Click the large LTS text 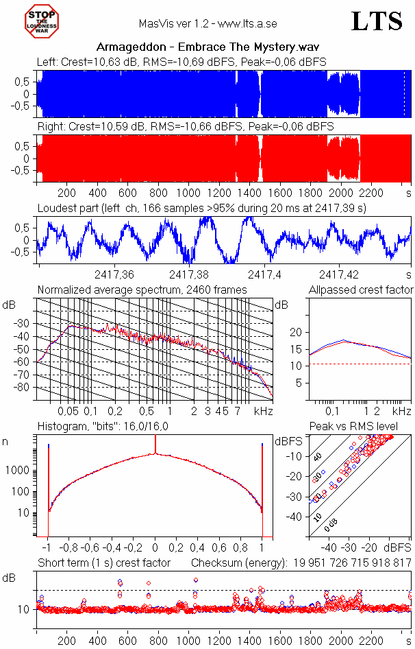[377, 22]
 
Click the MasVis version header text [207, 23]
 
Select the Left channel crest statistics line [181, 62]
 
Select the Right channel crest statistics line [186, 127]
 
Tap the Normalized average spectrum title [142, 290]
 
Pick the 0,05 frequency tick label [68, 411]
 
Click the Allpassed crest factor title [361, 290]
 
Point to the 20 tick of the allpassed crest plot [296, 332]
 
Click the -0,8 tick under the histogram [70, 548]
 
